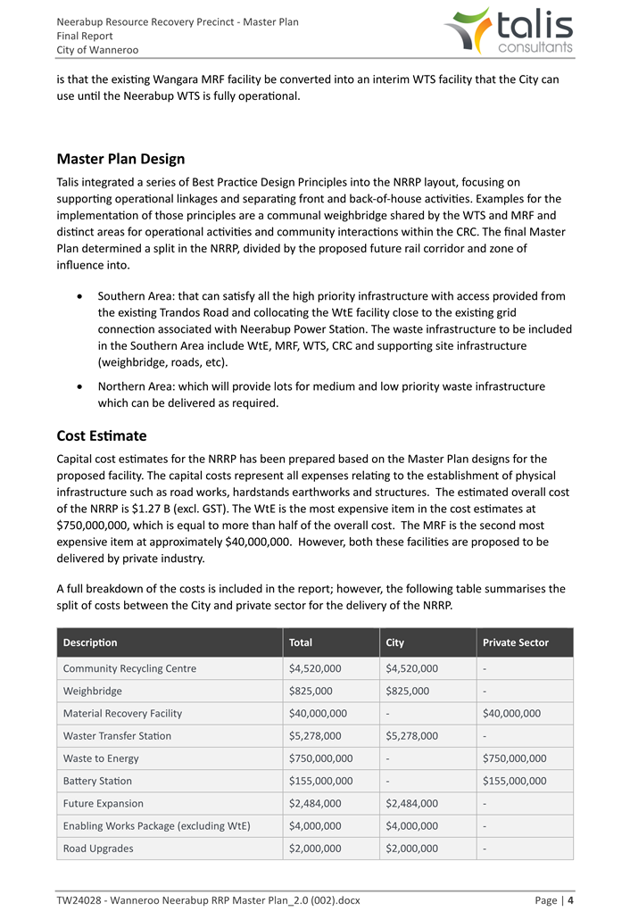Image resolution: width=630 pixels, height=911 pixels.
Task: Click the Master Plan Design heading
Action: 120,159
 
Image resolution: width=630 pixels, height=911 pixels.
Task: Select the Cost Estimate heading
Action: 101,435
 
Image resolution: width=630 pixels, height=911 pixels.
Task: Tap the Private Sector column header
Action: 515,642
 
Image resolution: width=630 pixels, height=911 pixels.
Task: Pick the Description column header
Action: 90,642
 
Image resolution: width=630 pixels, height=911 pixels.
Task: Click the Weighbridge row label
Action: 93,691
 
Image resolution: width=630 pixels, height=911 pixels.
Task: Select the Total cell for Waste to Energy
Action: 320,758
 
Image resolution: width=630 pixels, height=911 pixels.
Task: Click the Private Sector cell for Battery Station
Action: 514,781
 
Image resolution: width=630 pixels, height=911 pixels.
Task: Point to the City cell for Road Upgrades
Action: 411,849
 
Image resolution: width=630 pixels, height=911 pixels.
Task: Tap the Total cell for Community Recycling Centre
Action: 315,668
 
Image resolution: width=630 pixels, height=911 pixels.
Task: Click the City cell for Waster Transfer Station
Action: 411,736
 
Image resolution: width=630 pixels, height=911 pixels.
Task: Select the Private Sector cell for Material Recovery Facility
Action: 511,713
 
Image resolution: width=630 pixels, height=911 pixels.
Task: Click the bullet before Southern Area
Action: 82,296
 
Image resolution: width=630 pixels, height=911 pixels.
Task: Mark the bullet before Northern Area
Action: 82,386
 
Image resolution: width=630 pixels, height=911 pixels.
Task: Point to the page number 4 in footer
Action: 570,900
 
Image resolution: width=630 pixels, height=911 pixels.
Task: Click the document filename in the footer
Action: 208,900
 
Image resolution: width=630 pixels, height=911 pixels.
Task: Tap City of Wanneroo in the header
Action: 97,50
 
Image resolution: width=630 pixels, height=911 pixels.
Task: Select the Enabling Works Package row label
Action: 156,825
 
